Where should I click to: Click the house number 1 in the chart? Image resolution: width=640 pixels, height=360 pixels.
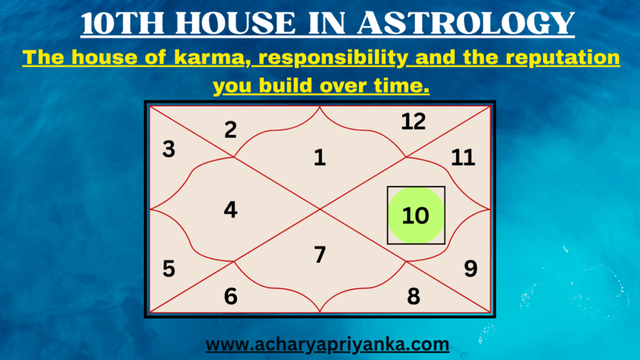(320, 157)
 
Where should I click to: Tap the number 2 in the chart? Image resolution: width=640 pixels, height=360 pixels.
(230, 130)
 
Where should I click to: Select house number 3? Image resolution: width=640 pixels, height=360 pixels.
(169, 149)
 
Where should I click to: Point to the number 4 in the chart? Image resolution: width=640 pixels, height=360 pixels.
(230, 210)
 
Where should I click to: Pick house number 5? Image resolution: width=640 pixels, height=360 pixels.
(169, 268)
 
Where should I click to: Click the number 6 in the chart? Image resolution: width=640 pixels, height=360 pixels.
(230, 297)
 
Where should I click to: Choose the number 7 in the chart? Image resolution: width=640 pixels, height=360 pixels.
(320, 255)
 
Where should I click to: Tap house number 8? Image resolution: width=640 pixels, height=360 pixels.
(413, 297)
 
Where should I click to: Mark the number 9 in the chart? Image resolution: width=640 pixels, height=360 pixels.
(471, 268)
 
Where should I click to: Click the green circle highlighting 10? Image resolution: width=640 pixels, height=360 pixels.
(415, 216)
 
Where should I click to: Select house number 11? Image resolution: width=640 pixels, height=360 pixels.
(463, 157)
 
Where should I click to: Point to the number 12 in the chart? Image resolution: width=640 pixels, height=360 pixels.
(413, 121)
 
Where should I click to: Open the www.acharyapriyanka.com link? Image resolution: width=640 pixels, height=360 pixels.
(328, 345)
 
